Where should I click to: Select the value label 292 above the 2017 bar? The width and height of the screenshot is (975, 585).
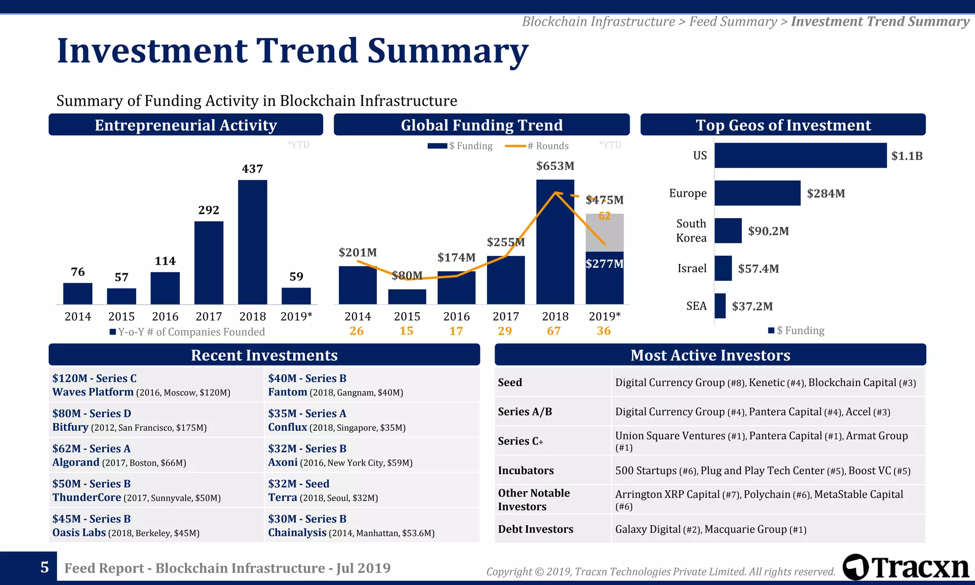[x=209, y=210]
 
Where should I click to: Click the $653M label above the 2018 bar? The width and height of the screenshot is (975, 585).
[x=555, y=166]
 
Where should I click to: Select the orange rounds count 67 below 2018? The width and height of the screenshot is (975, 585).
[x=554, y=331]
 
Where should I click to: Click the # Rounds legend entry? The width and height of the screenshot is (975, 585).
[x=547, y=146]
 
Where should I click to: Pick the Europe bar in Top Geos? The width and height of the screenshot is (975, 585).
[x=757, y=193]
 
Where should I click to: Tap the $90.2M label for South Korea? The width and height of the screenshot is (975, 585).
[x=768, y=231]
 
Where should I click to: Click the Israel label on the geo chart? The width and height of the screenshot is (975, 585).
[x=692, y=268]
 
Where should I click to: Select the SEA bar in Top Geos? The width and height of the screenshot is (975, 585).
[x=720, y=306]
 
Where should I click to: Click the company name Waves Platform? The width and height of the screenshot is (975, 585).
[x=93, y=392]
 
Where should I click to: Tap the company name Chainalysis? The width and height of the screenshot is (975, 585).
[x=297, y=533]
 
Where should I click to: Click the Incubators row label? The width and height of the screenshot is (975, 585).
[x=526, y=471]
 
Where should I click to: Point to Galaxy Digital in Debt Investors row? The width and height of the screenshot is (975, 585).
[x=647, y=529]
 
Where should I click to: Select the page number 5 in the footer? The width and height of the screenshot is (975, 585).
[x=44, y=567]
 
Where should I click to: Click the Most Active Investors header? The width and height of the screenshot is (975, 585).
[x=710, y=355]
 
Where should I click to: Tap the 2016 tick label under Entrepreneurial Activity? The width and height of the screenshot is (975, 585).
[x=165, y=317]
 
